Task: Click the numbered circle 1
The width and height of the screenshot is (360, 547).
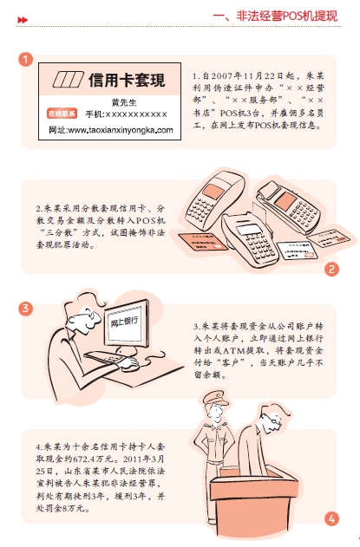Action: point(25,59)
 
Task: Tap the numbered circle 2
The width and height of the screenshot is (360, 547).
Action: point(331,269)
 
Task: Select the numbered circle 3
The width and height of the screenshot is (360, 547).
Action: point(25,309)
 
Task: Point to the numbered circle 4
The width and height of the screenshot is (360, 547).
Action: point(331,518)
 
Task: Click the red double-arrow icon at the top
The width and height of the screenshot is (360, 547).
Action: point(23,20)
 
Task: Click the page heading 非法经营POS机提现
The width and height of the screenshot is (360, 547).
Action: point(287,16)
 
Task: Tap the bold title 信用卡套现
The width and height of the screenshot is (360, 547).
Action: point(127,80)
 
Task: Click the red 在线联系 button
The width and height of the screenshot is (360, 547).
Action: point(62,114)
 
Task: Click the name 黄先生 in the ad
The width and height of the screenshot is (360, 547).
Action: point(124,102)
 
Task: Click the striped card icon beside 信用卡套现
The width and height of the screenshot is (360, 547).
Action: point(68,80)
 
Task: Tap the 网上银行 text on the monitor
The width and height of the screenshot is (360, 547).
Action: point(124,321)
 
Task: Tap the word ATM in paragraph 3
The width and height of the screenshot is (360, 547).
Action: point(233,350)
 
